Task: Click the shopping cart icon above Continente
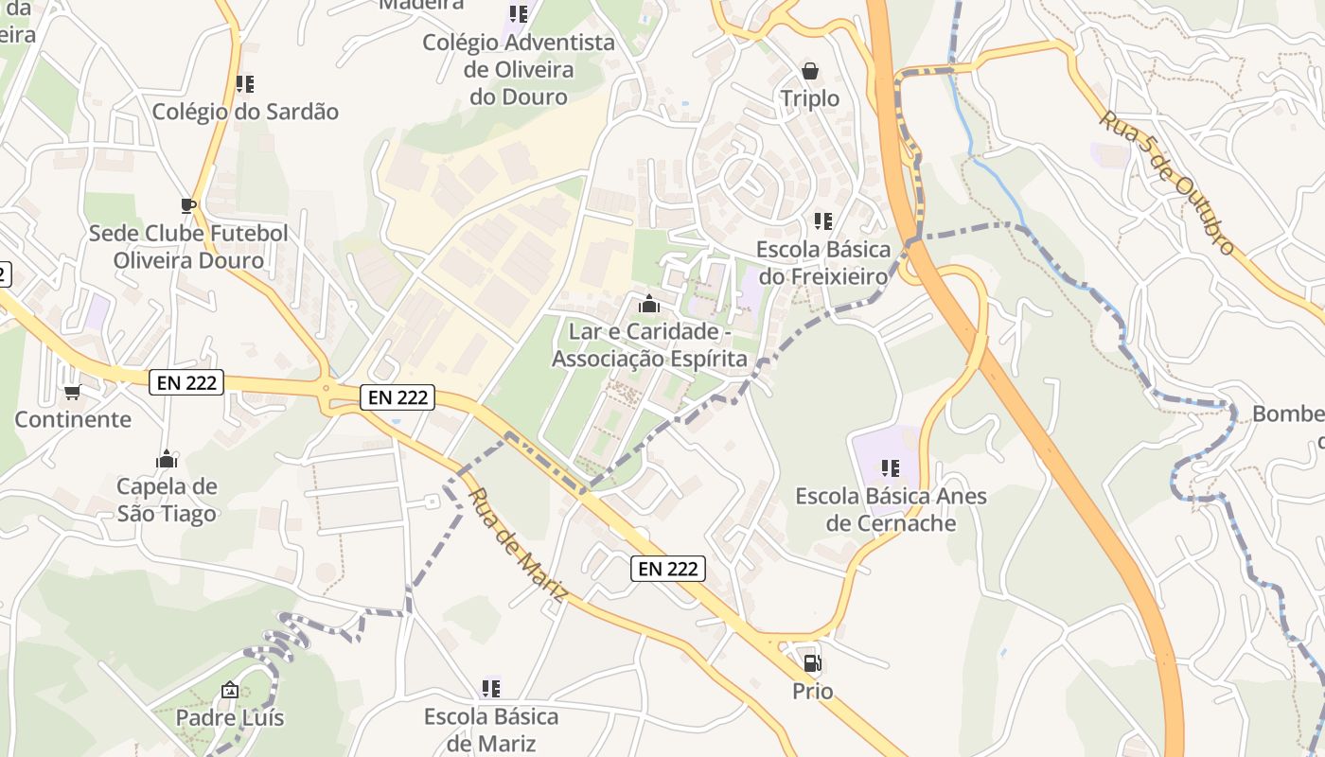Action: tap(72, 392)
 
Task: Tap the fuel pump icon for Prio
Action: tap(812, 663)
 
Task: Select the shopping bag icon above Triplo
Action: tap(810, 71)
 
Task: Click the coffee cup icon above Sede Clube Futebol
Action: tap(187, 205)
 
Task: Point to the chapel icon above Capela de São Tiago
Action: tap(167, 459)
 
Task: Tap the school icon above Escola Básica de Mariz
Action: tap(490, 688)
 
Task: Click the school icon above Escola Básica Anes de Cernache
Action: tap(890, 468)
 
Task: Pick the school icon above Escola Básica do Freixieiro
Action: tap(823, 221)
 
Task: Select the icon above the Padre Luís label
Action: tap(229, 690)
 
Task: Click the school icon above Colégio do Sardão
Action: tap(245, 84)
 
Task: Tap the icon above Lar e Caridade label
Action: tap(648, 304)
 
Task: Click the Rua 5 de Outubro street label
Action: tap(1167, 183)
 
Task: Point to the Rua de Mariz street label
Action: tap(518, 545)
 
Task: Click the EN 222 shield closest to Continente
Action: tap(185, 382)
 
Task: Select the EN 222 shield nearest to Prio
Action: tap(668, 568)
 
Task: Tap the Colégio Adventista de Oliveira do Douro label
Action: tap(519, 69)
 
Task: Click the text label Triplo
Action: tap(810, 98)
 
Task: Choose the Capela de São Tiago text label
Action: tap(167, 500)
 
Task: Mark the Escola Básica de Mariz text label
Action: tap(490, 729)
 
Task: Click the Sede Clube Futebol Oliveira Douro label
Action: tap(188, 246)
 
